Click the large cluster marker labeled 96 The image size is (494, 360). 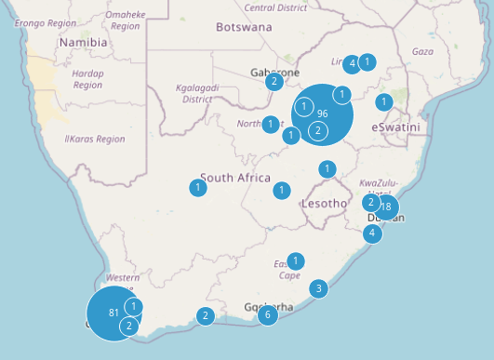(x=322, y=113)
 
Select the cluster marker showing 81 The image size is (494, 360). (x=113, y=313)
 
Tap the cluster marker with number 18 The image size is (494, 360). (x=386, y=207)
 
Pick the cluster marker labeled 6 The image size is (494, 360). (x=268, y=315)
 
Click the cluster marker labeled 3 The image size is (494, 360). (x=318, y=288)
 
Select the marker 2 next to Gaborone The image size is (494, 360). (x=274, y=82)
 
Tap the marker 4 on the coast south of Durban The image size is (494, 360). (x=372, y=233)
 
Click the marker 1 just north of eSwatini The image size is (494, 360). (x=383, y=101)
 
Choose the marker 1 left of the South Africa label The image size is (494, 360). (x=198, y=188)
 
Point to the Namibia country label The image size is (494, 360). (x=83, y=43)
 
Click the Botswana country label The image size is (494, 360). (x=244, y=27)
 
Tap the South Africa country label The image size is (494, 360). (x=234, y=178)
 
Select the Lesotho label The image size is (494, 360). (x=324, y=203)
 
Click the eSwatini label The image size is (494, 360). (x=395, y=127)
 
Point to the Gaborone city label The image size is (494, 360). (x=274, y=72)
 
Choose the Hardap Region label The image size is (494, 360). (x=87, y=79)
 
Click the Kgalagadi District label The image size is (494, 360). (x=195, y=93)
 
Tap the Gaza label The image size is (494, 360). (x=422, y=51)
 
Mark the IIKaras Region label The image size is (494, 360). (x=94, y=140)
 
